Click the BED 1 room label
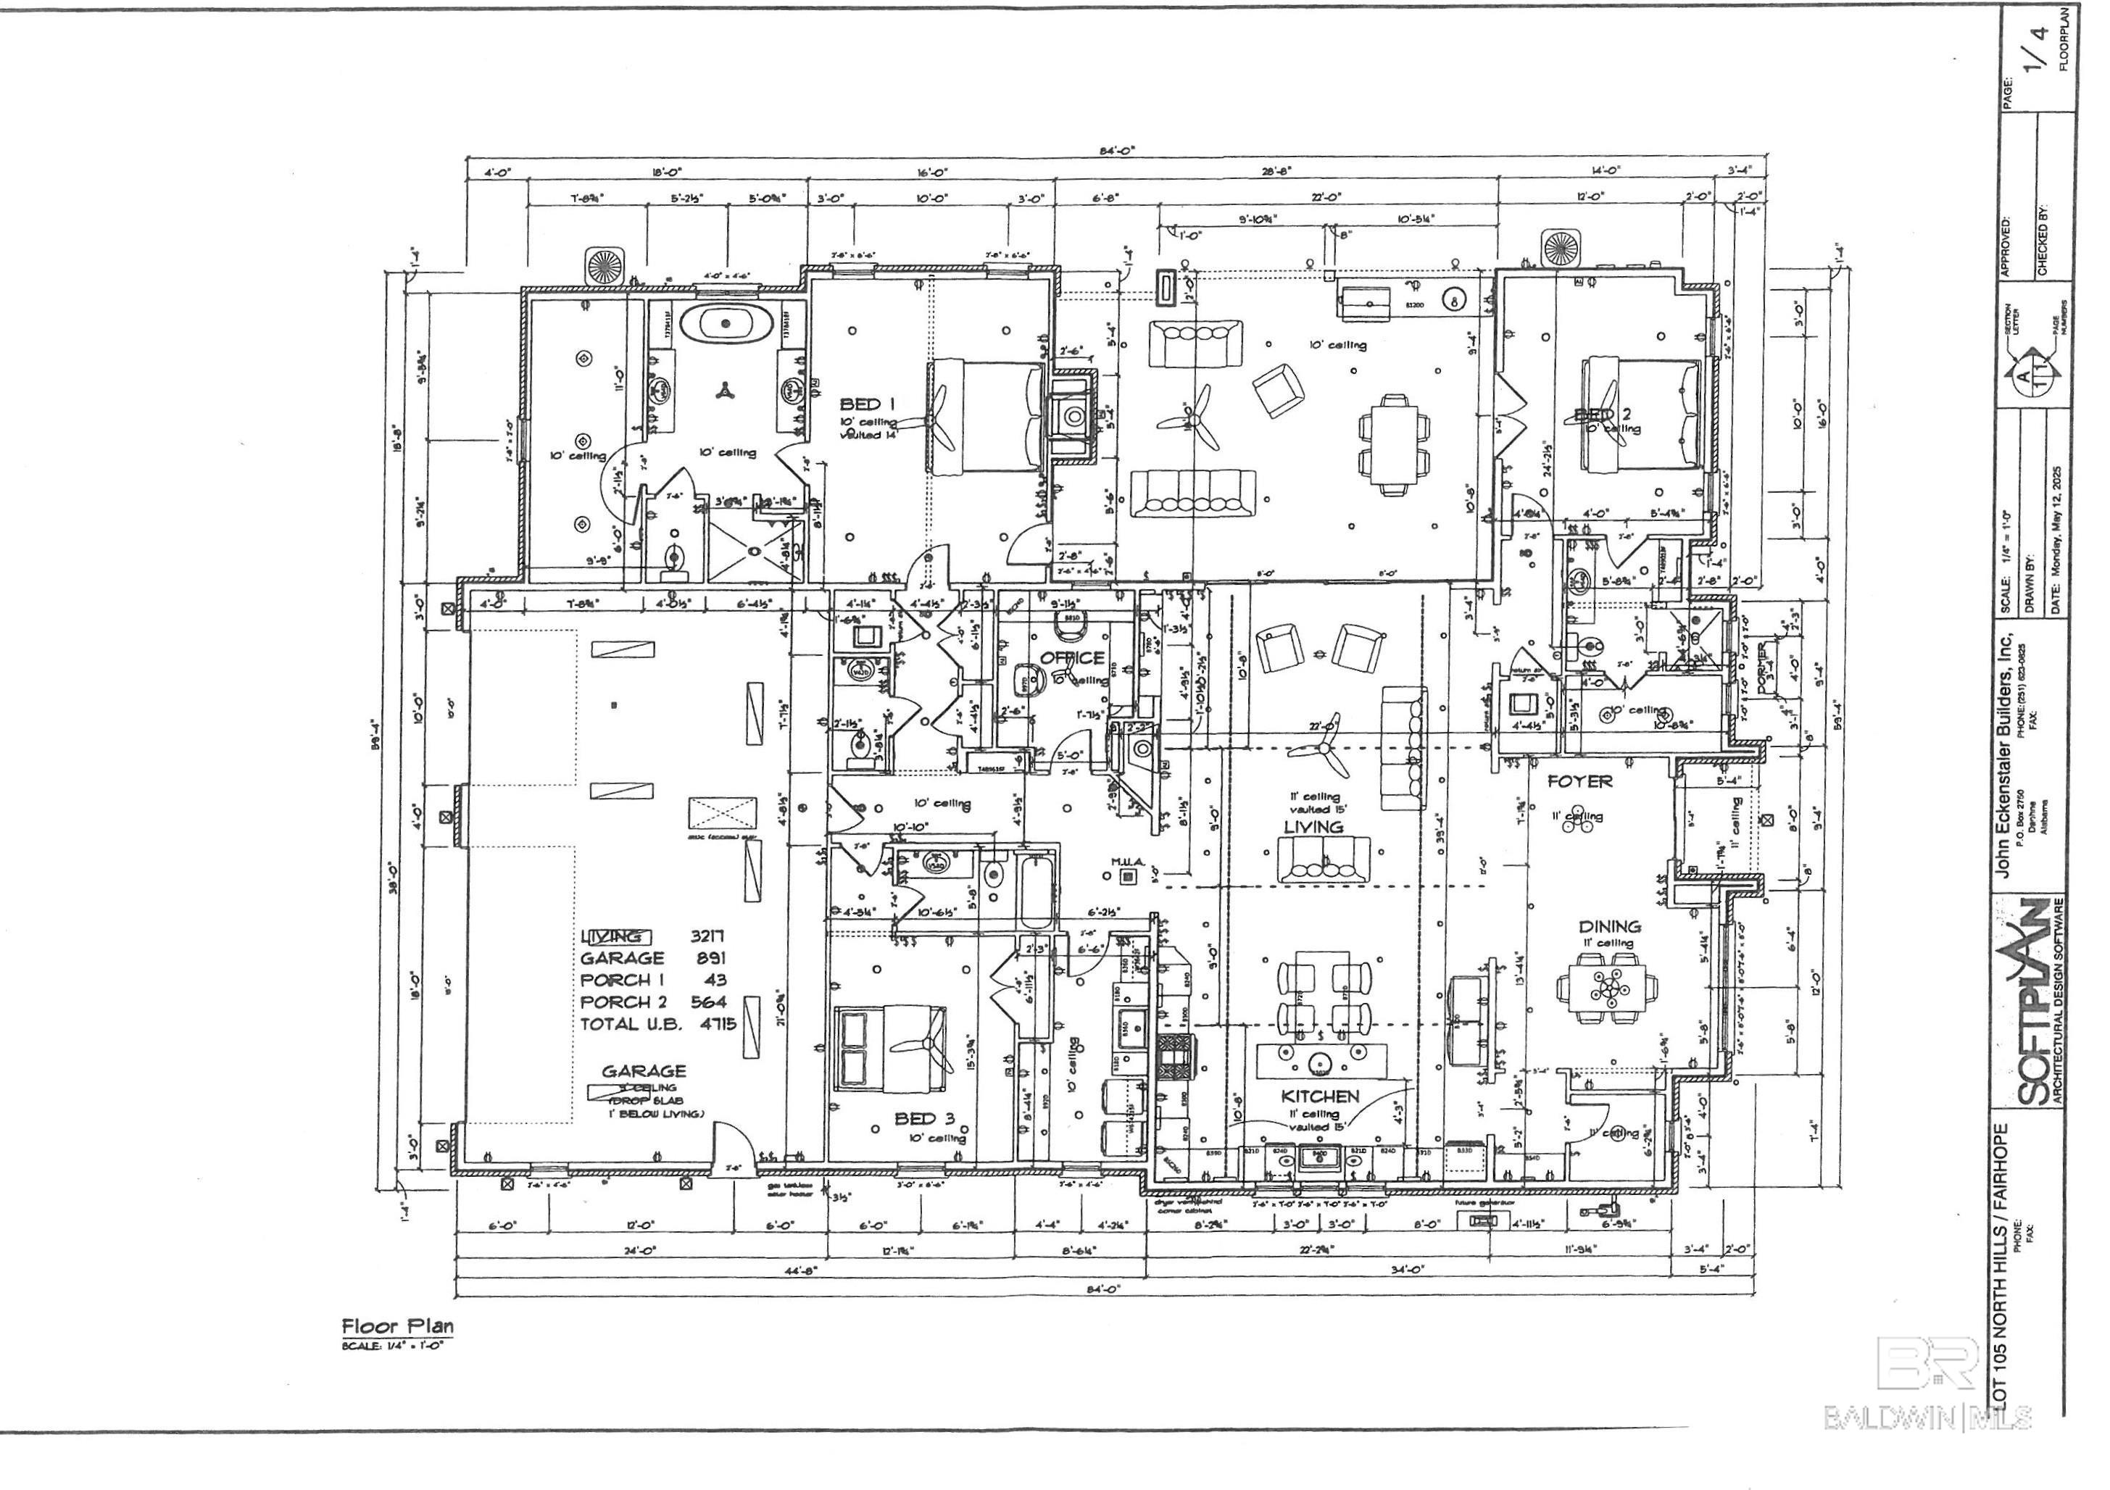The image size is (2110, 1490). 860,403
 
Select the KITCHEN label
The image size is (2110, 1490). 1320,1096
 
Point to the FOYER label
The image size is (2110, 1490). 1579,782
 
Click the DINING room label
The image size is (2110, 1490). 1609,927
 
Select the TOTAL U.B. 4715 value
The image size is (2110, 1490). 658,1024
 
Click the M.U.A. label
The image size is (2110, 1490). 1126,862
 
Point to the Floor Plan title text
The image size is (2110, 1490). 398,1326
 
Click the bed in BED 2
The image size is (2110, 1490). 1640,415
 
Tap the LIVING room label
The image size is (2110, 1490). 1313,827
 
